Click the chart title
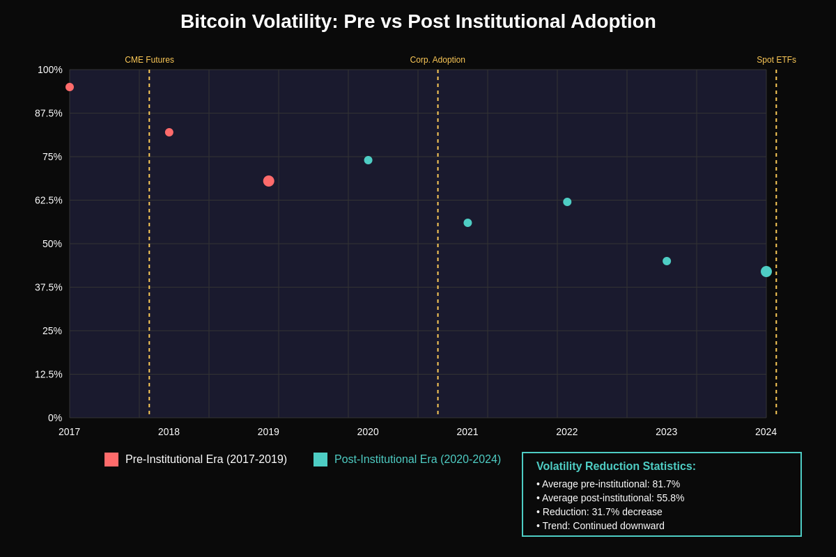click(418, 22)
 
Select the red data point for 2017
click(70, 87)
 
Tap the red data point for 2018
click(169, 132)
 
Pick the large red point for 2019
click(269, 181)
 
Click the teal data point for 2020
click(368, 160)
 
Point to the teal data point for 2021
click(467, 223)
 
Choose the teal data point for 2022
click(567, 202)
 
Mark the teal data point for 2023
click(667, 261)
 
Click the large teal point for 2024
click(766, 272)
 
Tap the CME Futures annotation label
click(149, 60)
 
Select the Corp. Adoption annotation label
click(438, 60)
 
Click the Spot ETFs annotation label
click(776, 60)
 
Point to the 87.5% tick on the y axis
click(49, 113)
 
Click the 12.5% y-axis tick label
click(49, 375)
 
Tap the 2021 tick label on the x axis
click(467, 432)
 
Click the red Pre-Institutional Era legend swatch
click(111, 460)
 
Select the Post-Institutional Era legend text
click(417, 460)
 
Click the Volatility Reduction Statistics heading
click(616, 466)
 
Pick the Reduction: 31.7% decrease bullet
click(599, 512)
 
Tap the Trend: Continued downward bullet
click(601, 526)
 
